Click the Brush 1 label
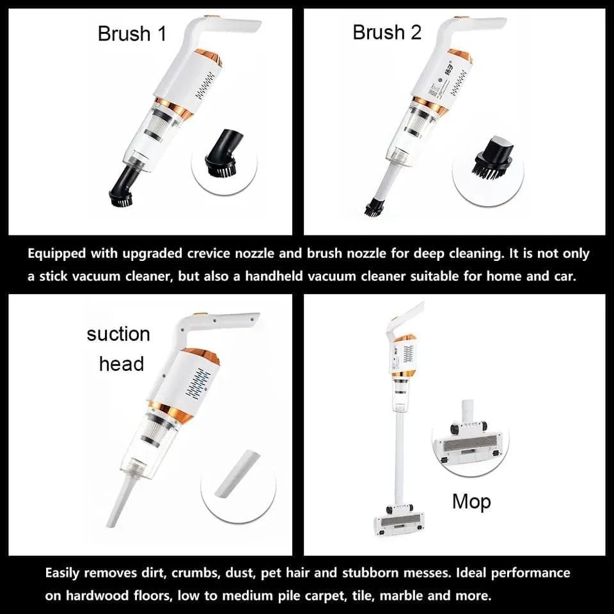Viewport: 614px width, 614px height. (132, 34)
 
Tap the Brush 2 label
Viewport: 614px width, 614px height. (387, 32)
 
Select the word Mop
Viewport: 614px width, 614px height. (471, 502)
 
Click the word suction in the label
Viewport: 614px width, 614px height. (118, 335)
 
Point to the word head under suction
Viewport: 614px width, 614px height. (122, 364)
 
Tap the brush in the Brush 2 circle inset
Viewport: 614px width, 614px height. (493, 155)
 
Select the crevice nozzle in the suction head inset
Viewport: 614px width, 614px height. (237, 475)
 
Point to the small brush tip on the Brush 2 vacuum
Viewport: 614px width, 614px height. (374, 207)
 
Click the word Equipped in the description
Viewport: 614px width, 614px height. (56, 254)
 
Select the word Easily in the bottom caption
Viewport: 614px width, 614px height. (62, 573)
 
